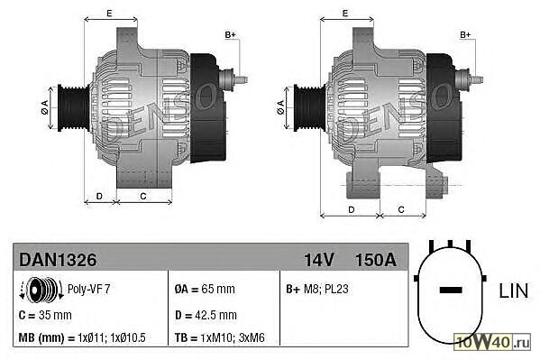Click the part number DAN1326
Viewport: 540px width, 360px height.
tap(58, 260)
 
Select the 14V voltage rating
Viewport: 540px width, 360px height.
tap(318, 260)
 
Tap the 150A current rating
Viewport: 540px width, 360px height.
tap(375, 260)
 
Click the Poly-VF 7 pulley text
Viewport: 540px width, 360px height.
tap(88, 289)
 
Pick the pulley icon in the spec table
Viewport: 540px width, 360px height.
tap(41, 290)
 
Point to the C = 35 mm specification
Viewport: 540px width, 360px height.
tap(45, 315)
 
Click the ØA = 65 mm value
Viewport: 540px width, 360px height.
tap(205, 289)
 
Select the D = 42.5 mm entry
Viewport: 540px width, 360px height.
tap(206, 315)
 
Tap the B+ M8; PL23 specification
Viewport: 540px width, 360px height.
tap(316, 289)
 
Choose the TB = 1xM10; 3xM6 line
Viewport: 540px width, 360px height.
tap(219, 337)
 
